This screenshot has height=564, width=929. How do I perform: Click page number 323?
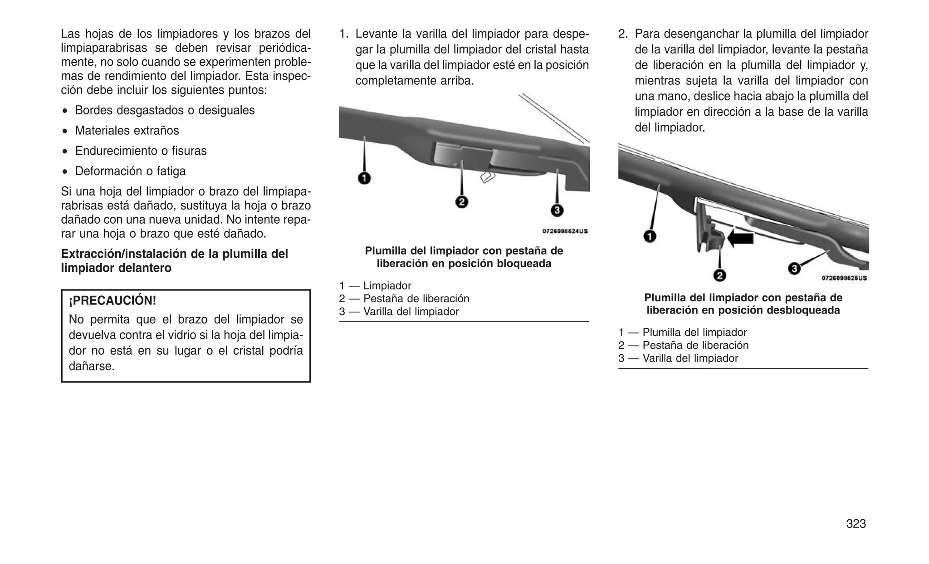coord(856,524)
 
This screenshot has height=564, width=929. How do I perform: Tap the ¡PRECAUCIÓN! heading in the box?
coord(112,300)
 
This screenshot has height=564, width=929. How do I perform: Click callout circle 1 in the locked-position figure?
coord(364,178)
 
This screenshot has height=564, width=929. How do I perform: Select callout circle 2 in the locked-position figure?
coord(461,202)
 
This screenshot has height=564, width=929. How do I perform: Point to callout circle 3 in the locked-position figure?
coord(557,211)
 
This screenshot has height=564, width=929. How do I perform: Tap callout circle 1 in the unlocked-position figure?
coord(650,236)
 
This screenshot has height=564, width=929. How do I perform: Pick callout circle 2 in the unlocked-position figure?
coord(719,275)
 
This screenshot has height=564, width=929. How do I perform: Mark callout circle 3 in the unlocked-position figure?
coord(794,269)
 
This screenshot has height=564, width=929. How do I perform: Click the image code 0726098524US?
coord(565,231)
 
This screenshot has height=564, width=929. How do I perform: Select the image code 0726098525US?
coord(844,278)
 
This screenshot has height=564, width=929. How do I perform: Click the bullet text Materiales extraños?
coord(127,131)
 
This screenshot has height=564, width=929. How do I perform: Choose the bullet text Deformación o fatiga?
coord(130,171)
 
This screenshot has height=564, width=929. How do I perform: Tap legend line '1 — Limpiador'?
coord(375,286)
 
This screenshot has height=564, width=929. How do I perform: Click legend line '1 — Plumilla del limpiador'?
coord(682,333)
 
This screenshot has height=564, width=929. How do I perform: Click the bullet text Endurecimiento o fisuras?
coord(141,151)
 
